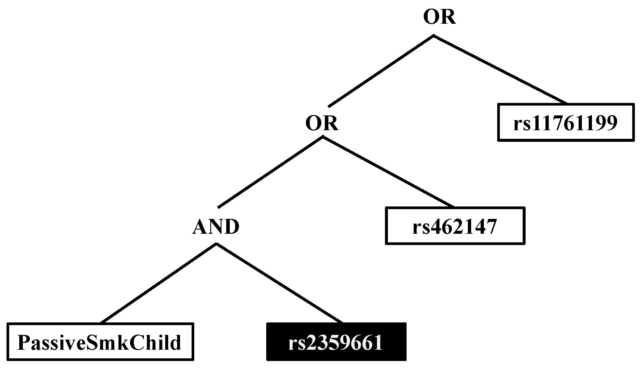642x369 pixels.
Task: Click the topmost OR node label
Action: coord(439,17)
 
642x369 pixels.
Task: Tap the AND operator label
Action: coord(216,227)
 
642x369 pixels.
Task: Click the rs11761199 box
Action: coord(566,122)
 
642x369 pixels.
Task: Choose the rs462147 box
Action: coord(455,226)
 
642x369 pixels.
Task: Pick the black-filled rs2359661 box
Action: coord(336,342)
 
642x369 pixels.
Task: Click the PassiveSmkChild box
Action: coord(100,342)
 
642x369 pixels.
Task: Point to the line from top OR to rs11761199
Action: coord(500,69)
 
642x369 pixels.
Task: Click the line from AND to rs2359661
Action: coord(280,283)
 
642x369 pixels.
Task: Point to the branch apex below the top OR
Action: coord(434,36)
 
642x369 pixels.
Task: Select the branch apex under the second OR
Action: coord(323,137)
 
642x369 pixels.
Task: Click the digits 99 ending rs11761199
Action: coord(607,123)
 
